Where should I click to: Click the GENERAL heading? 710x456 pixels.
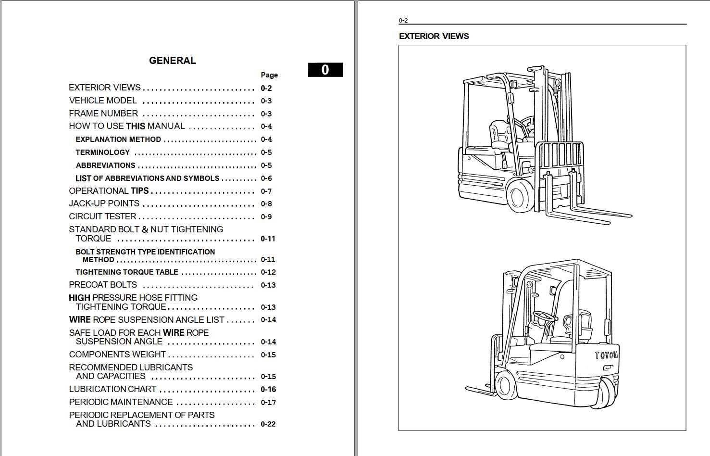pyautogui.click(x=173, y=60)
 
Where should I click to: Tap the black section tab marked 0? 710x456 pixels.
pyautogui.click(x=325, y=70)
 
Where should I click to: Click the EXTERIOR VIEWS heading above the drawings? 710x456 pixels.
pyautogui.click(x=434, y=36)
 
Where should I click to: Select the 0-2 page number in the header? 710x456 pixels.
pyautogui.click(x=403, y=21)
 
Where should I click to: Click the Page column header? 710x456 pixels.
pyautogui.click(x=269, y=75)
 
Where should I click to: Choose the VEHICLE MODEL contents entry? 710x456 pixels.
pyautogui.click(x=103, y=101)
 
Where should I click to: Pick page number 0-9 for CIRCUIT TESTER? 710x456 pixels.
pyautogui.click(x=266, y=217)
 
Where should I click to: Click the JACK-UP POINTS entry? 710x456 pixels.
pyautogui.click(x=104, y=203)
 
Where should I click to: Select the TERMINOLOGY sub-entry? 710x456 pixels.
pyautogui.click(x=103, y=152)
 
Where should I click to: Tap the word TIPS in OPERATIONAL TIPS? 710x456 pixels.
pyautogui.click(x=139, y=190)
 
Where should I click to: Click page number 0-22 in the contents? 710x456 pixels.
pyautogui.click(x=268, y=424)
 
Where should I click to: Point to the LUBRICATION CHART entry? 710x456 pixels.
pyautogui.click(x=112, y=389)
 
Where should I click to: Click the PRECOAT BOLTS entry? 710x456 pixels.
pyautogui.click(x=103, y=285)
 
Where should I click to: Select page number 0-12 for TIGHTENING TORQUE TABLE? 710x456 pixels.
pyautogui.click(x=268, y=272)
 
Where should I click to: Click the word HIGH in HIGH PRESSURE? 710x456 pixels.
pyautogui.click(x=80, y=298)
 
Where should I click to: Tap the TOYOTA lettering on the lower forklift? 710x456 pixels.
pyautogui.click(x=606, y=355)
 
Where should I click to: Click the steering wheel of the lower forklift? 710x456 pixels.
pyautogui.click(x=545, y=316)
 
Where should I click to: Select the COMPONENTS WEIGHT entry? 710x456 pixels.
pyautogui.click(x=117, y=354)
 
